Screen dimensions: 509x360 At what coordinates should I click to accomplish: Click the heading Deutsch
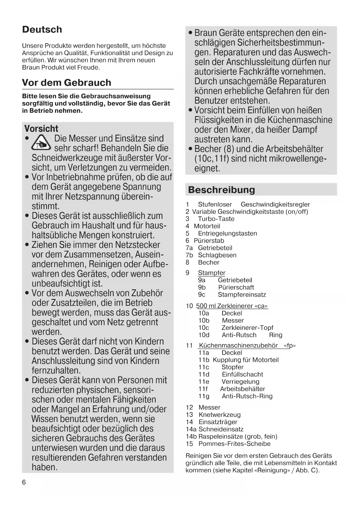point(42,29)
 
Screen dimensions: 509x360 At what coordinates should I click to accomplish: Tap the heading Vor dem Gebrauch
point(66,82)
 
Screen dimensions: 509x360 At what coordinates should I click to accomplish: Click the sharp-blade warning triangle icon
point(41,143)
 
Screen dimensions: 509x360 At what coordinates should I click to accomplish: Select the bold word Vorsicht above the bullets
point(41,129)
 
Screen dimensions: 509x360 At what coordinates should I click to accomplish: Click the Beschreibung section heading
point(221,190)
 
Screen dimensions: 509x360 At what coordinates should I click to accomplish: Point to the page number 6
point(24,482)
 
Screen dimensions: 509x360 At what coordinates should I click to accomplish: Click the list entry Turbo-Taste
point(216,219)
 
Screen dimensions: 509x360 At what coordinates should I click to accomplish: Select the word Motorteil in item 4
point(207,226)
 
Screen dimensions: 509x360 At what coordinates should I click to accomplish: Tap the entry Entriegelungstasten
point(227,233)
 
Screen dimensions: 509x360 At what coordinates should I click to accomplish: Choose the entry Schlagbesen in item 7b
point(217,255)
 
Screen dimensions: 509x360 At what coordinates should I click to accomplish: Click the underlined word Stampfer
point(211,273)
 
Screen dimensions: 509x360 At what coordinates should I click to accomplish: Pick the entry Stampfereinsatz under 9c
point(242,295)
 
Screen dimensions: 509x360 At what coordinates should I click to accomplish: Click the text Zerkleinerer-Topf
point(247,328)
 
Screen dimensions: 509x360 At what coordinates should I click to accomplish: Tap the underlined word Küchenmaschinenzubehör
point(238,345)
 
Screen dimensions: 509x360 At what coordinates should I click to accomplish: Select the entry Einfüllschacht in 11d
point(242,374)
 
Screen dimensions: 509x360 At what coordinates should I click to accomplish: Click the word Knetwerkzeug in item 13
point(219,415)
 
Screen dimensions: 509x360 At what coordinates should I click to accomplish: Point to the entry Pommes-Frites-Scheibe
point(234,444)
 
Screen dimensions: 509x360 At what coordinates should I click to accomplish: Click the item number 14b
point(191,436)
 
